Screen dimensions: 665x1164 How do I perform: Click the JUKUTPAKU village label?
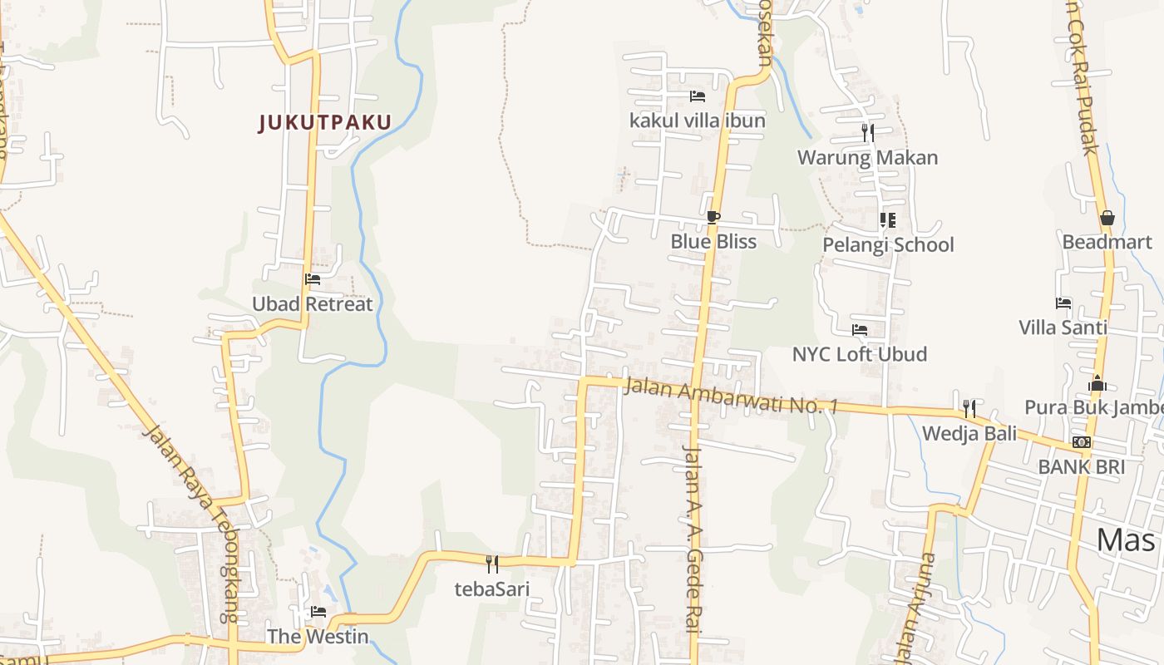coord(325,123)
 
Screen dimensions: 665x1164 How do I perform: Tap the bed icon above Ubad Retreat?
coord(313,279)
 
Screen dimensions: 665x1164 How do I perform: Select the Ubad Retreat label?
coord(313,304)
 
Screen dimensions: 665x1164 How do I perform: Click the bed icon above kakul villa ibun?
coord(698,96)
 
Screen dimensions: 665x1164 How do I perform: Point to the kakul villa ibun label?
coord(698,121)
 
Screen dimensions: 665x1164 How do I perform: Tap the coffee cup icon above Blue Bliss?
coord(713,218)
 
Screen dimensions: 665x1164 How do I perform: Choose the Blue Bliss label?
coord(713,242)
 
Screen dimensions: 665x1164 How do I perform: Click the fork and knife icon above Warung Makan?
coord(867,132)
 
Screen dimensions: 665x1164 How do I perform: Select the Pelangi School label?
coord(888,245)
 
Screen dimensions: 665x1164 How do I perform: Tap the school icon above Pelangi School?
coord(887,220)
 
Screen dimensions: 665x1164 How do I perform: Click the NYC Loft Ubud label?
coord(859,354)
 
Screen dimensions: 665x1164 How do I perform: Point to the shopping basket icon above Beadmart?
coord(1107,218)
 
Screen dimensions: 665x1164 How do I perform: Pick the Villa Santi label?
coord(1063,328)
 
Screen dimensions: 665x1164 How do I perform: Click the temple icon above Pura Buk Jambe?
coord(1097,383)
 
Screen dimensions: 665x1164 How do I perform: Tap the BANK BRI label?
coord(1081,467)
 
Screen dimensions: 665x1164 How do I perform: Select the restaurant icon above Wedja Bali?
coord(969,408)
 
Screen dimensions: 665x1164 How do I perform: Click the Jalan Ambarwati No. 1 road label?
coord(731,397)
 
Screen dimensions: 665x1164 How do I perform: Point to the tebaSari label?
coord(491,589)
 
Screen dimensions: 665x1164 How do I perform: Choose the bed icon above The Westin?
coord(318,613)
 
